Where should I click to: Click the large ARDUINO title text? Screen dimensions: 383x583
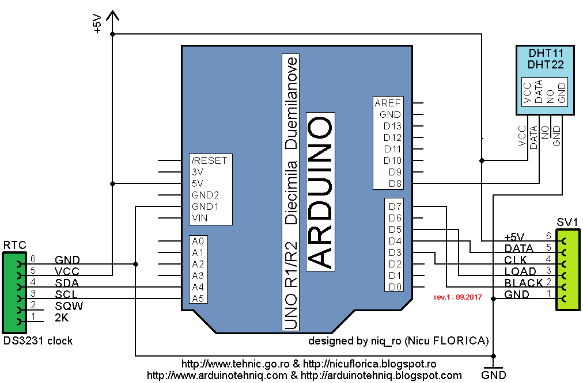[x=320, y=192]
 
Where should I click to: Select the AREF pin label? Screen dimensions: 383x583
[x=388, y=103]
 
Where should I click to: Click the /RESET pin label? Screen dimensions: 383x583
[x=210, y=160]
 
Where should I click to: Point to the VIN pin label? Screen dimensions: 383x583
[x=199, y=218]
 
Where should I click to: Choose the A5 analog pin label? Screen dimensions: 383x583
[x=198, y=298]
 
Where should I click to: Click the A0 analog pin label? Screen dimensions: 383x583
[x=198, y=241]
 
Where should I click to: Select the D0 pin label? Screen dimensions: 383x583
[x=395, y=287]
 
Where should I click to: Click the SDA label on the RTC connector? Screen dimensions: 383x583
[x=67, y=282]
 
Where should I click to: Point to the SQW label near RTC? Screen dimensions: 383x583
[x=69, y=305]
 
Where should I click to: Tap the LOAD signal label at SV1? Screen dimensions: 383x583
[x=520, y=271]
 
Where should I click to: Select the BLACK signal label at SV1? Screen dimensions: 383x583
[x=523, y=282]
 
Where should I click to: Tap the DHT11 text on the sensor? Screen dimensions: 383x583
[x=546, y=53]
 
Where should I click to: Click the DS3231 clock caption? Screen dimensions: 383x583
[x=38, y=340]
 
